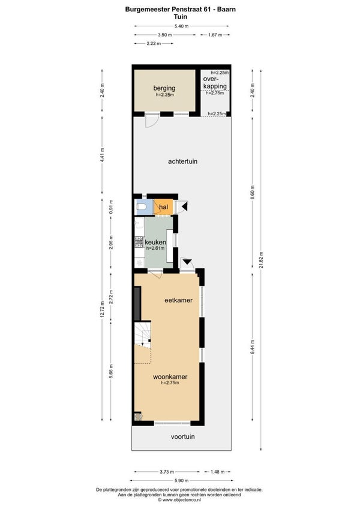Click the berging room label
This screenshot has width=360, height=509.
164,88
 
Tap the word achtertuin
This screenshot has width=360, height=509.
183,161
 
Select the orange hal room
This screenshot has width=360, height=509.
163,207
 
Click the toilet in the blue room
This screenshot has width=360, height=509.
142,206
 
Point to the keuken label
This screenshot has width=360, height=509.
155,242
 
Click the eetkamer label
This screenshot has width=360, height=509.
179,300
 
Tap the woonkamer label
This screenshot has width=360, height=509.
170,377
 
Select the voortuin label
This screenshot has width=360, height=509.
183,436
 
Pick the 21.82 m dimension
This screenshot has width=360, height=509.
261,260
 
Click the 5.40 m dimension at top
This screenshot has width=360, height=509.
181,26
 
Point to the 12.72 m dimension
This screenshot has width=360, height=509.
102,310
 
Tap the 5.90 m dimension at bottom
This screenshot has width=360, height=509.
181,480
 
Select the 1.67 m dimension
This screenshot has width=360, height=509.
215,35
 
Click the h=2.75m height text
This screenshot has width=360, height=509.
170,383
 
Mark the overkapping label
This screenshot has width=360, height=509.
215,82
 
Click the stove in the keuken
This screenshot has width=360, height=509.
139,242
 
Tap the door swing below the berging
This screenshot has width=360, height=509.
152,121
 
